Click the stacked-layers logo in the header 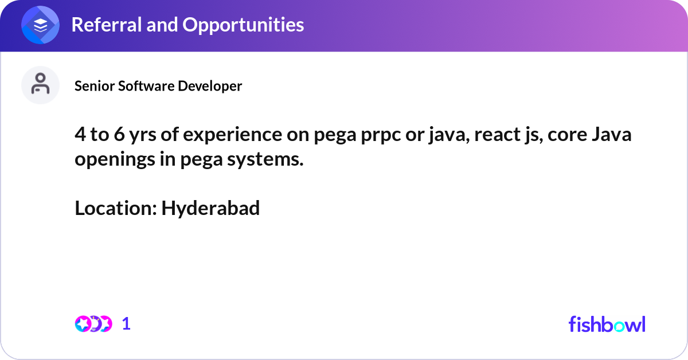41,26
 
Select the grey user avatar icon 40,85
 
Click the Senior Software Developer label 158,86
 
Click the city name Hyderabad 210,208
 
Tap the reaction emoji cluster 93,324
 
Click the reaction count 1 126,324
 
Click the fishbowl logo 607,324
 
